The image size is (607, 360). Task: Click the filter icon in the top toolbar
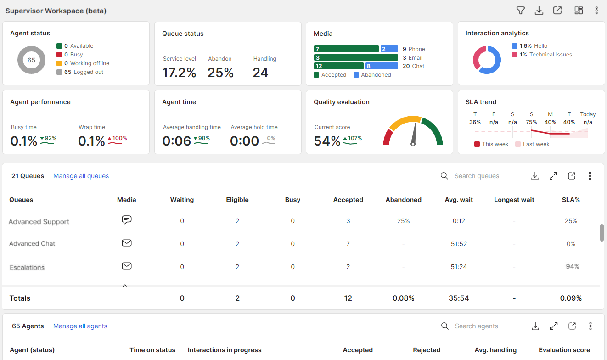click(520, 11)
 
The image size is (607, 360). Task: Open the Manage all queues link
click(81, 176)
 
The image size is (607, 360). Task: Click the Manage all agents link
click(80, 326)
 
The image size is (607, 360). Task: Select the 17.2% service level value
click(179, 73)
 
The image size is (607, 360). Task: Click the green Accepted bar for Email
click(355, 57)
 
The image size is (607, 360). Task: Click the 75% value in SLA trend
click(531, 122)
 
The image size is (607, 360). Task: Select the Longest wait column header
click(514, 200)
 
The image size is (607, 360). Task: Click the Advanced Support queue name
click(39, 222)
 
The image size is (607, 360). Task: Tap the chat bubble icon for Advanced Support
click(127, 220)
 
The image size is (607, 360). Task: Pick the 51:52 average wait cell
click(459, 244)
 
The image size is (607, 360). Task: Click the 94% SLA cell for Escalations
click(572, 266)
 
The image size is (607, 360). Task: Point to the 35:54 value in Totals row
click(459, 298)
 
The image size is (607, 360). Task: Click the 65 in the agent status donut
click(31, 60)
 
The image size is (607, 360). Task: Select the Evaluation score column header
click(564, 350)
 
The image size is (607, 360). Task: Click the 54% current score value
click(327, 141)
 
